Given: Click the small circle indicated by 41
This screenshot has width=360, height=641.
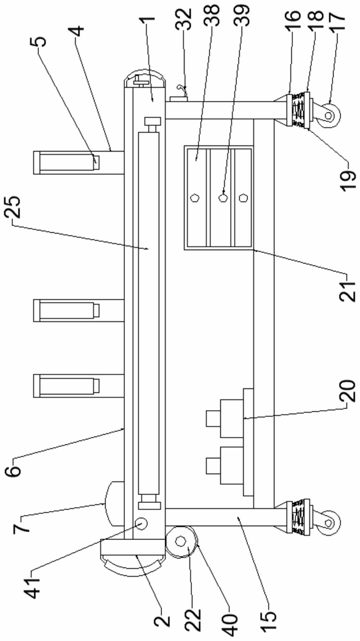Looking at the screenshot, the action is pos(141,524).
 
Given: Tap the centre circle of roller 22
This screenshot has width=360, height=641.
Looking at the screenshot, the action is pos(180,541).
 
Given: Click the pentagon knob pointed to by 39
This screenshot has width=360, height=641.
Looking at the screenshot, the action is pos(222,198).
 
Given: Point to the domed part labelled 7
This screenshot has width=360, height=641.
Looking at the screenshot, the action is pos(115,503).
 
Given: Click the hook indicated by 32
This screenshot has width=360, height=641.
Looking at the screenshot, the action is pos(180,88).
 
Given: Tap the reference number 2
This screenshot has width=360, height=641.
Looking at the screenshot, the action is pos(163,620).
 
